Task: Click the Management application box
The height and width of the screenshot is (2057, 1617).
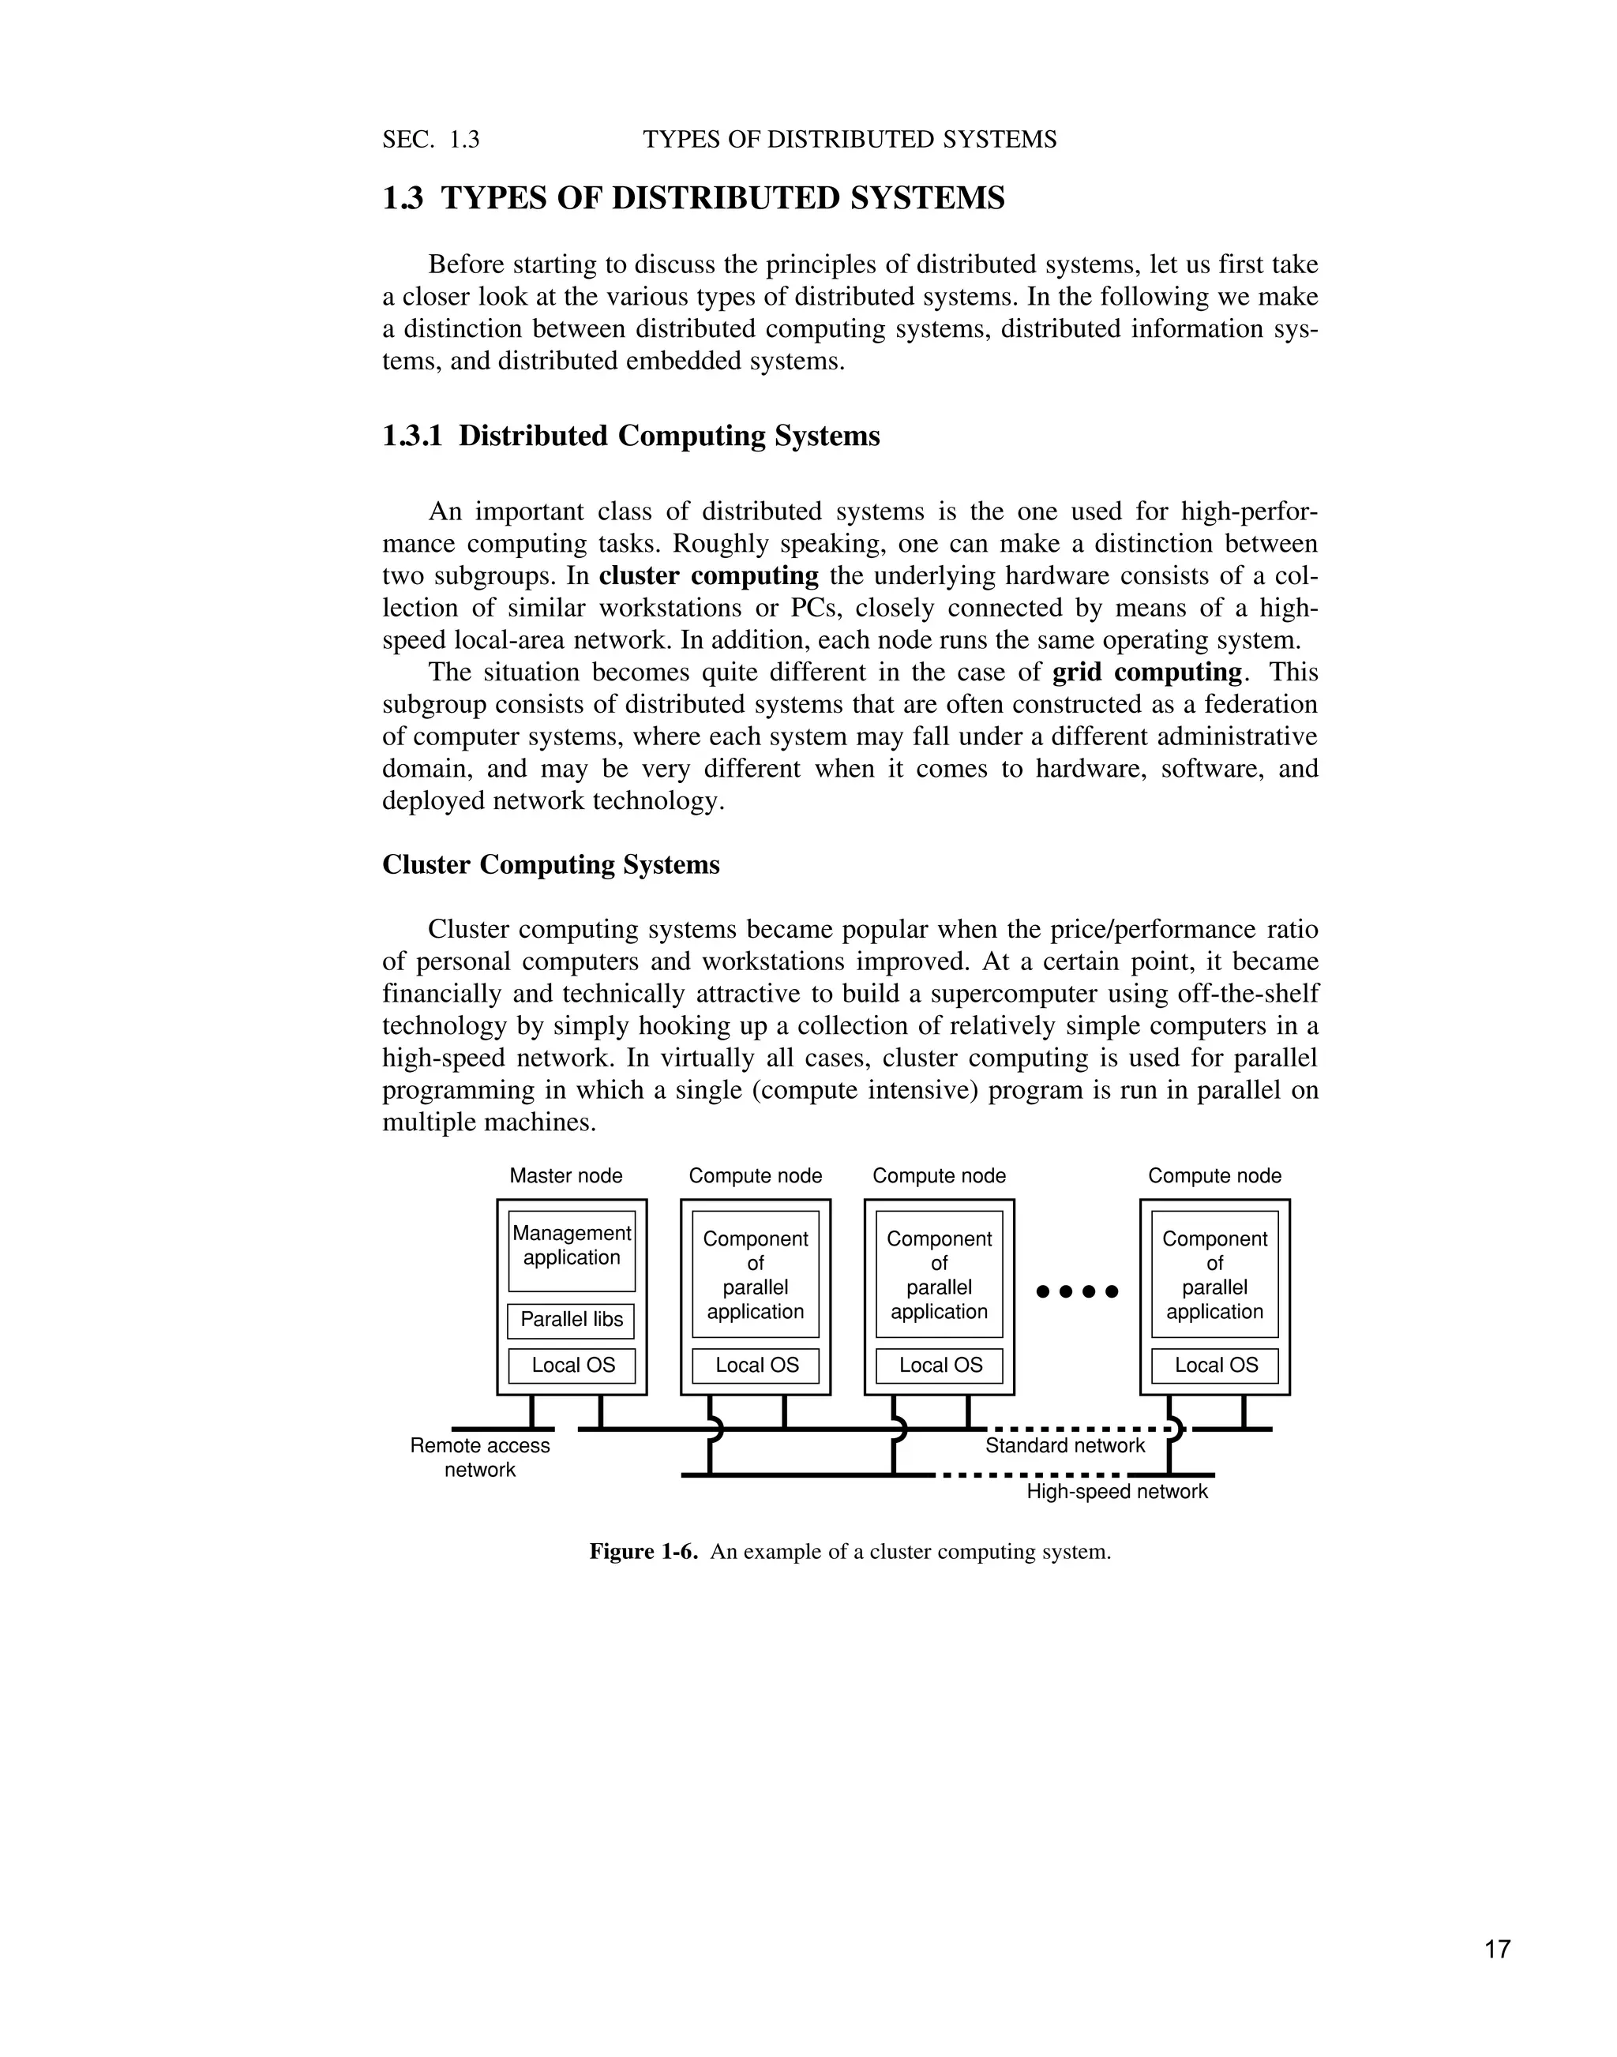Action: tap(571, 1250)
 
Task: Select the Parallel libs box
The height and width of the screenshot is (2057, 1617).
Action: tap(571, 1320)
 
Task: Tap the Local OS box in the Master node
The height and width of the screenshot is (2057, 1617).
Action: tap(572, 1365)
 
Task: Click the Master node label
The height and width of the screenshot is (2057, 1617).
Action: tap(565, 1175)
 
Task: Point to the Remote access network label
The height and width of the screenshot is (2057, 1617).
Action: tap(479, 1457)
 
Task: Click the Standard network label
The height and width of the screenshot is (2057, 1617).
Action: tap(1064, 1445)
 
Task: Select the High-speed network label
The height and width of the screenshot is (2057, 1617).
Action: tap(1117, 1492)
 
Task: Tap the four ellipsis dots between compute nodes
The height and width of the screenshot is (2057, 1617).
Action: tap(1078, 1291)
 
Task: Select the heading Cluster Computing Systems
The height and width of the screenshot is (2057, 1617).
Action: tap(550, 864)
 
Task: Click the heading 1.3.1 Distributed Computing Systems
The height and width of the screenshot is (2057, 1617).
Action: tap(631, 436)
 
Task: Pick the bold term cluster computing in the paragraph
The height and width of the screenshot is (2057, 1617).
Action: tap(708, 575)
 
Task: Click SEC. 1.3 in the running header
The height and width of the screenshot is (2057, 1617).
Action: tap(431, 140)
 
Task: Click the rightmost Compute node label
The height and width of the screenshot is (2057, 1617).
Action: tap(1214, 1175)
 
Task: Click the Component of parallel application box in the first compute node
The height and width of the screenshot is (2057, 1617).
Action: tap(755, 1274)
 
